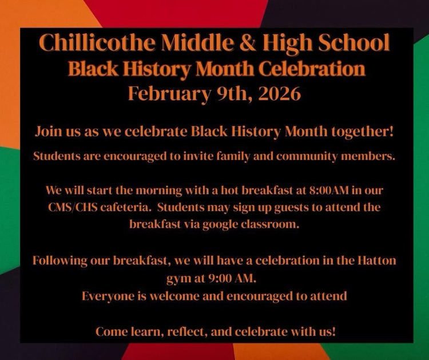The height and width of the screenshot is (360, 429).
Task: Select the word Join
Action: (47, 132)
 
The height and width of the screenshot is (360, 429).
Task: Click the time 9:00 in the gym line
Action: (207, 279)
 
